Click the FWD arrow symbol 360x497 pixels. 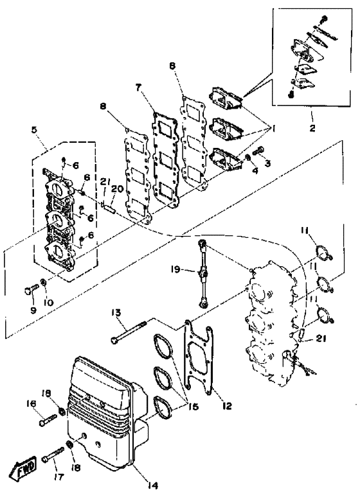[23, 465]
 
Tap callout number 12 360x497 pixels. [227, 406]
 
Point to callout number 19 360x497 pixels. [175, 269]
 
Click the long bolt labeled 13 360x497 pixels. [129, 332]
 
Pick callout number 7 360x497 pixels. [138, 87]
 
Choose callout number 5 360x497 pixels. [34, 129]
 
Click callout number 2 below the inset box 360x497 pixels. [312, 128]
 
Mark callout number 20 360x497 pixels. [118, 189]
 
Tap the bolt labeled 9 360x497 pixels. [31, 289]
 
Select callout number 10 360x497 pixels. [48, 303]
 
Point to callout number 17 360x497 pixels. [59, 476]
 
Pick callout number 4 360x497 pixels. [255, 170]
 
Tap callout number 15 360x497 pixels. [193, 406]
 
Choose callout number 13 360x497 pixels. [116, 312]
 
